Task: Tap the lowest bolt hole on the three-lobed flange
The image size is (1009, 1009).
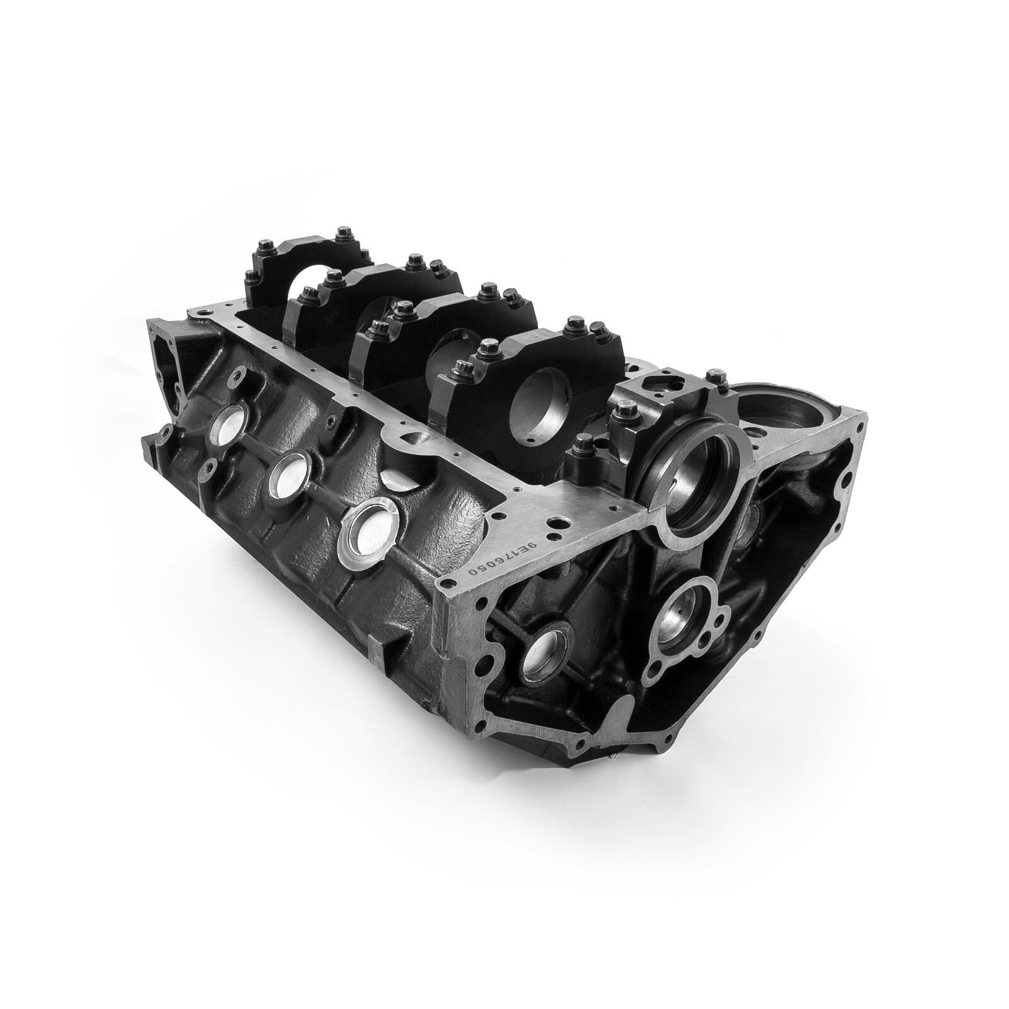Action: tap(658, 670)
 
